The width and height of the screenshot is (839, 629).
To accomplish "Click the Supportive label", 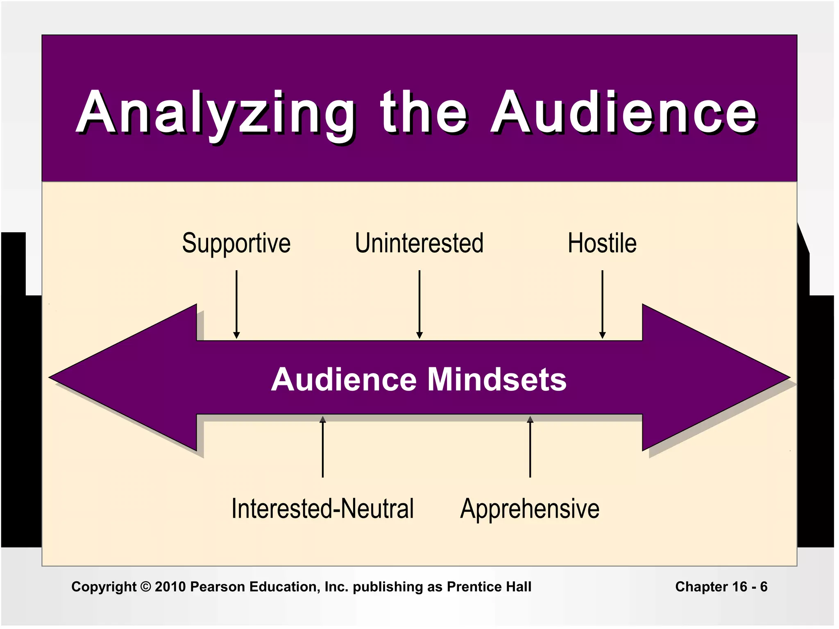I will coord(236,243).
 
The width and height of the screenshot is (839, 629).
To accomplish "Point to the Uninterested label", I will coord(419,243).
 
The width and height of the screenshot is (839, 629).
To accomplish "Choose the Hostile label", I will coord(602,243).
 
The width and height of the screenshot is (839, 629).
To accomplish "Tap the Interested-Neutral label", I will coord(322,509).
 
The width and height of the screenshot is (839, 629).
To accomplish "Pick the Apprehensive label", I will coord(530,509).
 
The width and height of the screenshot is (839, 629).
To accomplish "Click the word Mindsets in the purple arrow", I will coord(497,380).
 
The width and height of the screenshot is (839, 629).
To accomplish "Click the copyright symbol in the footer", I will coord(145,587).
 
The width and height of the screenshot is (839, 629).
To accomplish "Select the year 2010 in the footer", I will coord(170,587).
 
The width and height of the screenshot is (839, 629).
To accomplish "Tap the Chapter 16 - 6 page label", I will coord(721,587).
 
